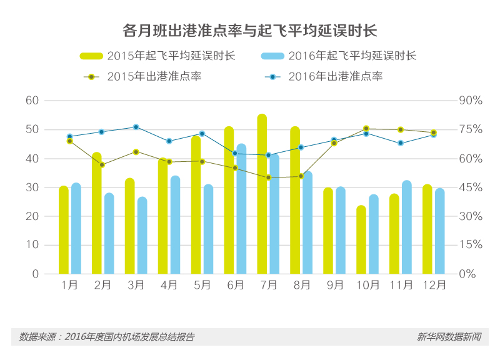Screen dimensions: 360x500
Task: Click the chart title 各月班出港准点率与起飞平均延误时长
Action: (249, 30)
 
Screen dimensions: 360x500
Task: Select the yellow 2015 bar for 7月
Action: (262, 194)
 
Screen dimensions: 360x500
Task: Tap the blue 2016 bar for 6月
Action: (241, 209)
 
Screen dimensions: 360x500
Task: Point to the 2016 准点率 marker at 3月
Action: (136, 127)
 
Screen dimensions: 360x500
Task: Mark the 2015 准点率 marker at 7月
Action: (268, 177)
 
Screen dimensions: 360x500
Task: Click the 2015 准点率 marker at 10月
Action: (366, 129)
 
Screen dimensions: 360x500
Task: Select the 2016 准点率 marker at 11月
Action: (400, 143)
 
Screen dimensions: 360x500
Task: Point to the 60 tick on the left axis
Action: (32, 101)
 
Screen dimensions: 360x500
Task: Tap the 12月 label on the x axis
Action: (434, 285)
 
